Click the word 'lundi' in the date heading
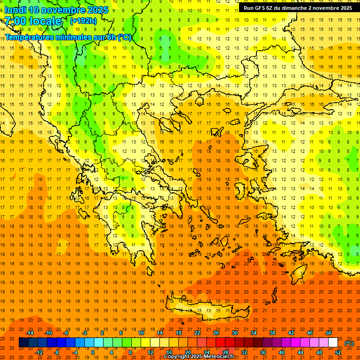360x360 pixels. pyautogui.click(x=15, y=10)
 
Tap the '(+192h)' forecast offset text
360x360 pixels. pyautogui.click(x=83, y=21)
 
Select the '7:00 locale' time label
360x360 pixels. pyautogui.click(x=33, y=21)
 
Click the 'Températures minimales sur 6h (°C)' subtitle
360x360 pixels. pyautogui.click(x=68, y=37)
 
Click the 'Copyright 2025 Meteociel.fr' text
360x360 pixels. pyautogui.click(x=199, y=357)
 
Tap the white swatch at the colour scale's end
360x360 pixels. pyautogui.click(x=333, y=343)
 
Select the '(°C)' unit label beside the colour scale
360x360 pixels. pyautogui.click(x=349, y=343)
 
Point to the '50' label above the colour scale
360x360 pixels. pyautogui.click(x=329, y=333)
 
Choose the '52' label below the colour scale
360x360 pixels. pyautogui.click(x=338, y=352)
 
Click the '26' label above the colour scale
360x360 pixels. pyautogui.click(x=216, y=333)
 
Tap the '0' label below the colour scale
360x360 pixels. pyautogui.click(x=93, y=352)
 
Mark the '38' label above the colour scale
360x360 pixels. pyautogui.click(x=272, y=333)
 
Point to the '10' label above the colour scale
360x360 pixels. pyautogui.click(x=141, y=333)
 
